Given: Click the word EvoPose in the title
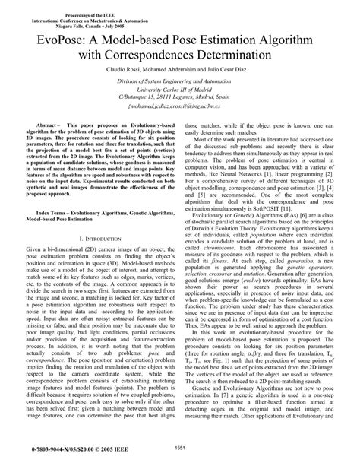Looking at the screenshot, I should coord(71,37).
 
